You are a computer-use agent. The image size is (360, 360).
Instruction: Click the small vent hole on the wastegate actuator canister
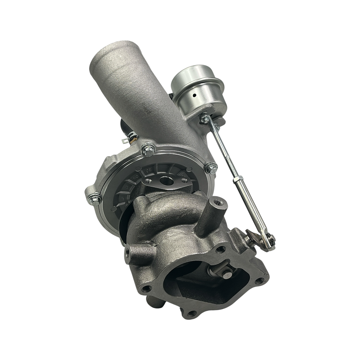click(x=194, y=95)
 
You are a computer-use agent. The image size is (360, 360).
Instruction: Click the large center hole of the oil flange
click(x=166, y=181)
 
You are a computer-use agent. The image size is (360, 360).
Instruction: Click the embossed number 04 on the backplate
click(x=136, y=176)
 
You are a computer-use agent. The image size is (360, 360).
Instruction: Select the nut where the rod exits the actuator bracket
click(x=204, y=117)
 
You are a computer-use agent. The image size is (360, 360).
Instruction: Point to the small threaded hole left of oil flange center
click(x=148, y=181)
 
